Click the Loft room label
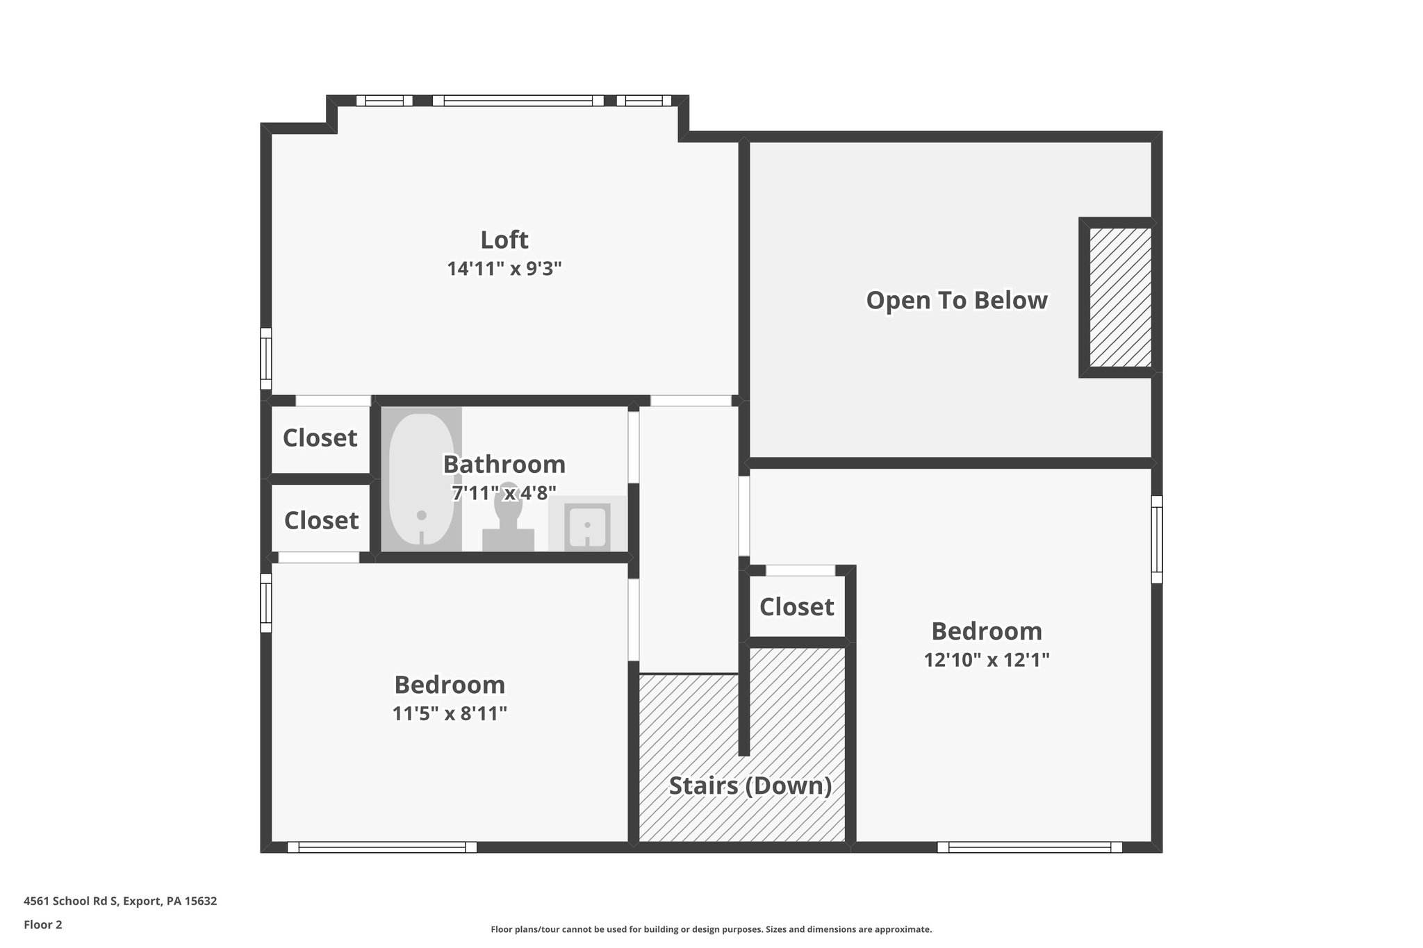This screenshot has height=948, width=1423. (504, 240)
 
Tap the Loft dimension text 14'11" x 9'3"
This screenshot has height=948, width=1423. (504, 269)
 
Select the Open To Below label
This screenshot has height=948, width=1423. (956, 300)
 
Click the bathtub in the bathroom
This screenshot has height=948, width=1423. (421, 479)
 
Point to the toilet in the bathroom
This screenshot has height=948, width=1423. (509, 517)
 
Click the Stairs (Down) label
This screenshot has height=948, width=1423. (750, 785)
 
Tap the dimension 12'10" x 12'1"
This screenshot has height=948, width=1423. (986, 660)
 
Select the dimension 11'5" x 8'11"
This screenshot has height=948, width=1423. (450, 713)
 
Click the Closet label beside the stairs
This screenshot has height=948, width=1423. (796, 607)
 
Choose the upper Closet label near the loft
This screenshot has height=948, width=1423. (320, 438)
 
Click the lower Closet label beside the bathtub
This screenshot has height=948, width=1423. (321, 520)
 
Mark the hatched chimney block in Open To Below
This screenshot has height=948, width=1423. (1119, 297)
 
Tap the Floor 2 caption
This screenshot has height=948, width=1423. (43, 924)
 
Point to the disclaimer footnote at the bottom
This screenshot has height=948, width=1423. (711, 929)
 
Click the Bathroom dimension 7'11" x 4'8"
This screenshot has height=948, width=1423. (504, 493)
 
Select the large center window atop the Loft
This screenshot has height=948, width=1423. (518, 101)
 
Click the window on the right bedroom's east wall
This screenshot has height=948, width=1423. (1156, 539)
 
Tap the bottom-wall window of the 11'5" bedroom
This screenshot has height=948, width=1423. (382, 847)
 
